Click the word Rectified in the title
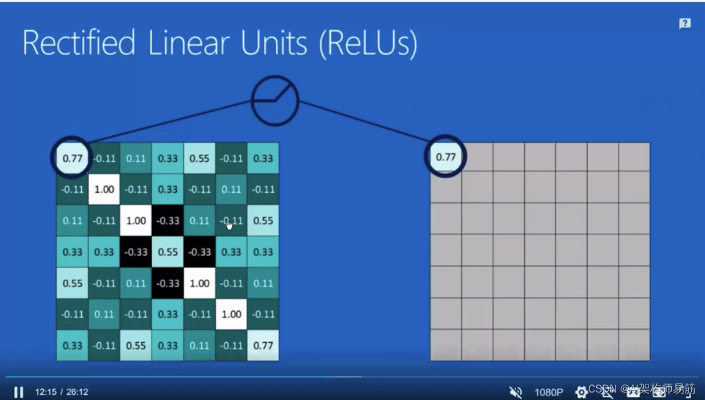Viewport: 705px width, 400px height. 79,44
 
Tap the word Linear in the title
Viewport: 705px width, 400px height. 188,44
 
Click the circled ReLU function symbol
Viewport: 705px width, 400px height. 275,100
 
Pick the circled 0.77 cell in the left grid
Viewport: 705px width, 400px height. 72,158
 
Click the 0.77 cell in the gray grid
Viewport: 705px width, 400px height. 446,156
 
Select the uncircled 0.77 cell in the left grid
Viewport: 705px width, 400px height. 263,346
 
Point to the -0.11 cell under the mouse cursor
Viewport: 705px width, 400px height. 231,221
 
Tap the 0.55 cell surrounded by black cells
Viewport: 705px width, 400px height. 168,252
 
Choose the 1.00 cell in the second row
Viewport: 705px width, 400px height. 104,189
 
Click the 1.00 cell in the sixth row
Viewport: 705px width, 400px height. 231,314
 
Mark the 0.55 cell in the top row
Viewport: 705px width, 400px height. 199,158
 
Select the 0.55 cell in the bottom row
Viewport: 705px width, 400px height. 136,346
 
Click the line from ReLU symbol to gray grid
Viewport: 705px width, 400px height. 366,121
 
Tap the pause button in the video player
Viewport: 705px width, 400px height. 18,392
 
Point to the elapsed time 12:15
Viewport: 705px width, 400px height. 46,392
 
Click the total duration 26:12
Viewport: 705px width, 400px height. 77,392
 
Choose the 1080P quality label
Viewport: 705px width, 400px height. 549,392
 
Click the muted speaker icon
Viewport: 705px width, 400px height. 516,392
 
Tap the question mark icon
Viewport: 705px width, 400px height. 684,23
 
